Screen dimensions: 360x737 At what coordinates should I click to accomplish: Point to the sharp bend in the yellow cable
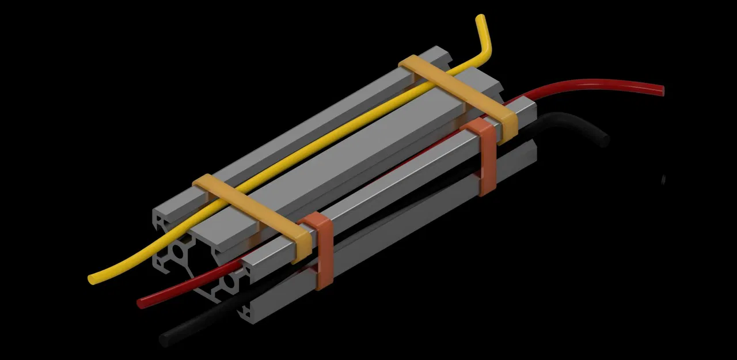pyautogui.click(x=488, y=52)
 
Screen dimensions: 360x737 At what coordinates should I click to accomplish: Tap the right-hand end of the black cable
pyautogui.click(x=604, y=140)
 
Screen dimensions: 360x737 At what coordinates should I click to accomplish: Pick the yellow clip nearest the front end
pyautogui.click(x=253, y=213)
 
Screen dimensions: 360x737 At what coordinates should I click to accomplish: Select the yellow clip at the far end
pyautogui.click(x=461, y=92)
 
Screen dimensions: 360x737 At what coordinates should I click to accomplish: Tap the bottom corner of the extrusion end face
pyautogui.click(x=248, y=320)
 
